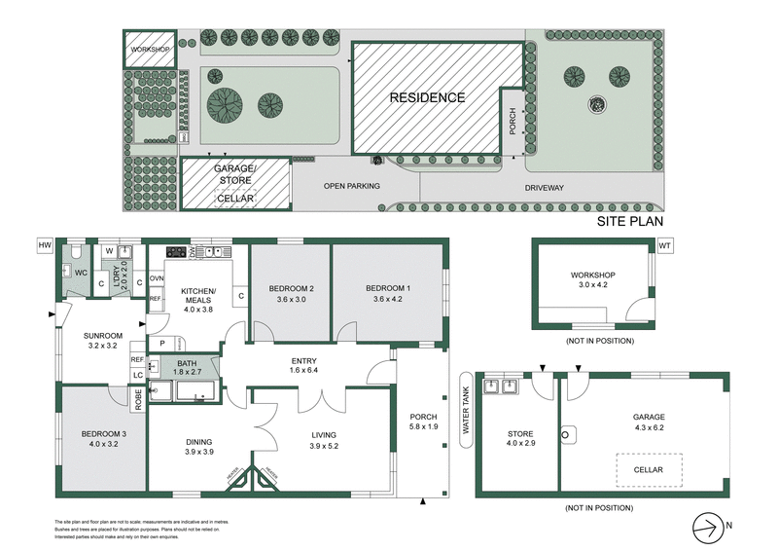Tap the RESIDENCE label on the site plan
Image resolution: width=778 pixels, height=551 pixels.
427,97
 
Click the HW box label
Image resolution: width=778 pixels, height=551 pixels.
44,244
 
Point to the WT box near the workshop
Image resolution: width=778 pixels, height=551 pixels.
665,245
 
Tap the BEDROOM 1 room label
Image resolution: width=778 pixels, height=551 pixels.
388,288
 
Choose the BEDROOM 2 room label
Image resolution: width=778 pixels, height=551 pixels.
291,288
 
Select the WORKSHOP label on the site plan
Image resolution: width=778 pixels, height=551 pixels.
150,49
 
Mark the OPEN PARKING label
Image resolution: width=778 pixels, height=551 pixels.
352,186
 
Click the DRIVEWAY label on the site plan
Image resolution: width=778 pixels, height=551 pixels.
545,187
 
